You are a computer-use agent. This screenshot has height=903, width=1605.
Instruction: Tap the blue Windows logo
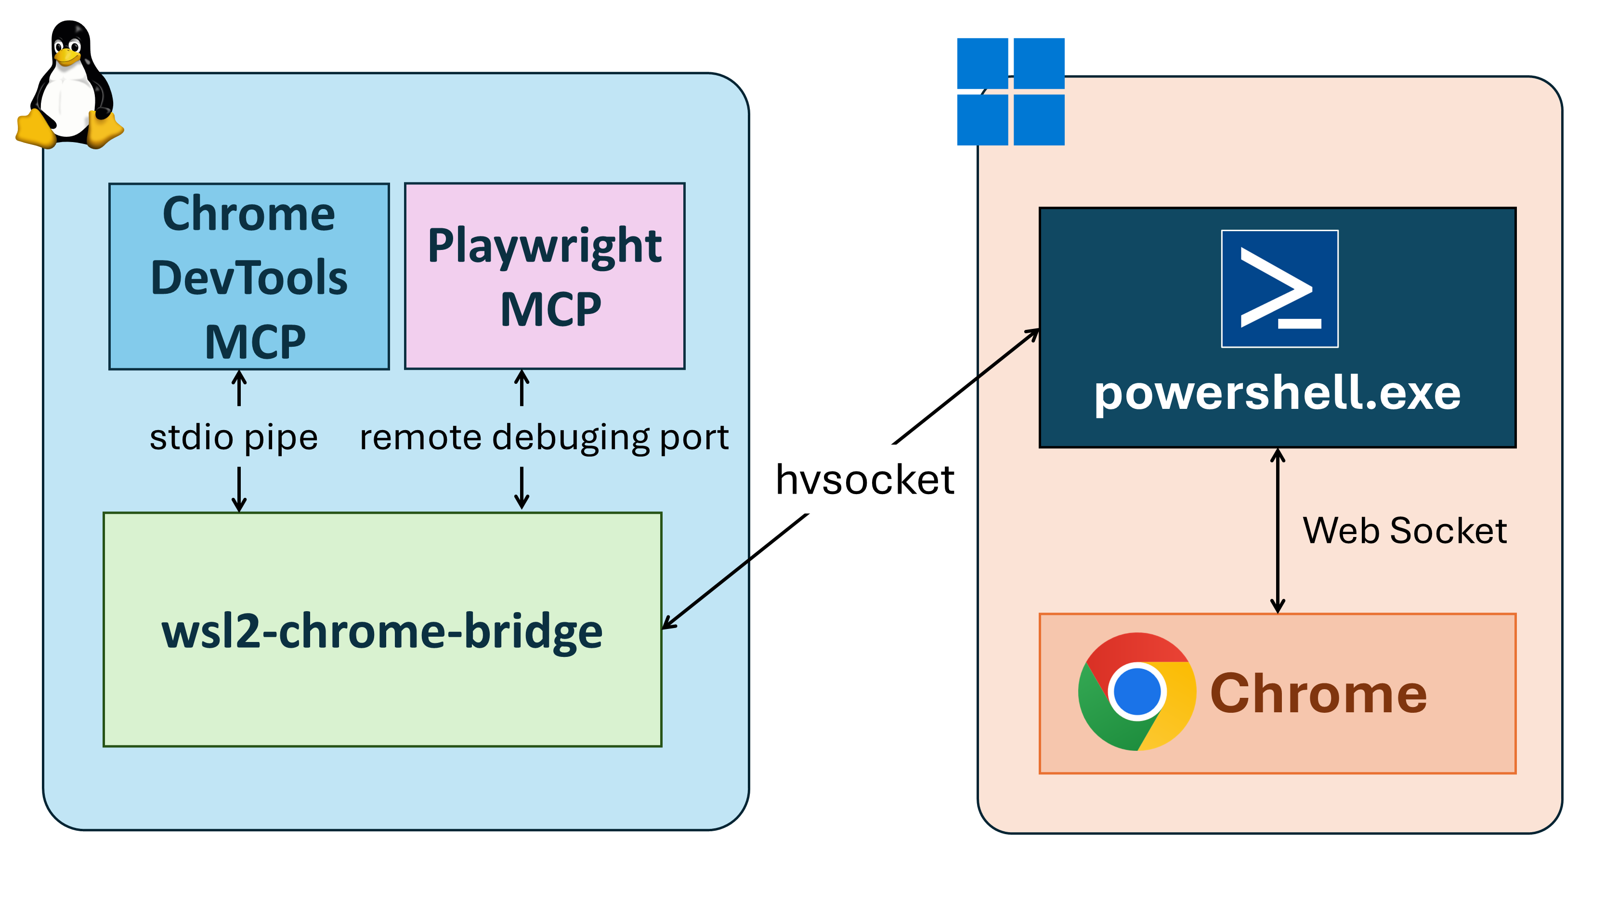(1011, 92)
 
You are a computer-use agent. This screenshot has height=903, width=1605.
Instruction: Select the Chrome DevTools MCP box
(249, 276)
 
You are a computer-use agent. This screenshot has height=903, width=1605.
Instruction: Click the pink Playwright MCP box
(545, 276)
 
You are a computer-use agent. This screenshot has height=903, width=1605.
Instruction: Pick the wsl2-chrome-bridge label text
(382, 631)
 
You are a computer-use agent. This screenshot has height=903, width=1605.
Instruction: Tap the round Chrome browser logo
(1136, 692)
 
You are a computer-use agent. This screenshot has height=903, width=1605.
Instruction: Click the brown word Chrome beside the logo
(1318, 693)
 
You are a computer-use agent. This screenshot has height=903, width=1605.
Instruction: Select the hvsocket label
(865, 480)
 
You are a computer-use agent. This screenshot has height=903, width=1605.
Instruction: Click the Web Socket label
(1404, 531)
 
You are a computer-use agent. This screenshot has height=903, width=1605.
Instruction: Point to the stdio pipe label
(234, 437)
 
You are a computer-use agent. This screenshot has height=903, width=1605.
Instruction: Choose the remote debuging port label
(544, 437)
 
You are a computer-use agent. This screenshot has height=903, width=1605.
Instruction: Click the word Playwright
(545, 246)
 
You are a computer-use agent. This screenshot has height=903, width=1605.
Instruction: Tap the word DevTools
(249, 278)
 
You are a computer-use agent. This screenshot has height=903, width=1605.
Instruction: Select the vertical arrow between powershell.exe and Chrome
(1277, 531)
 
